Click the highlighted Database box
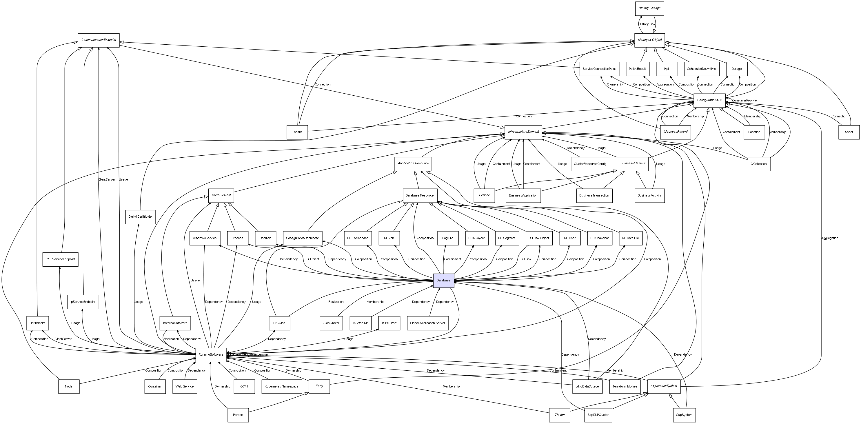pyautogui.click(x=443, y=280)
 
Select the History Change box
pyautogui.click(x=649, y=8)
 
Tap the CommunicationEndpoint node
pyautogui.click(x=99, y=40)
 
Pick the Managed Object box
pyautogui.click(x=649, y=40)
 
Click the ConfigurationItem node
pyautogui.click(x=709, y=100)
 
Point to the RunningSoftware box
pyautogui.click(x=211, y=354)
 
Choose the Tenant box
pyautogui.click(x=297, y=132)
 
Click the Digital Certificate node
pyautogui.click(x=140, y=217)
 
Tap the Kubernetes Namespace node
pyautogui.click(x=281, y=387)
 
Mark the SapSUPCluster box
pyautogui.click(x=598, y=415)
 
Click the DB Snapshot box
pyautogui.click(x=599, y=238)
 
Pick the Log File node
pyautogui.click(x=447, y=238)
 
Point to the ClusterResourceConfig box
pyautogui.click(x=590, y=164)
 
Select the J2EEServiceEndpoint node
pyautogui.click(x=61, y=259)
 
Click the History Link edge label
pyautogui.click(x=647, y=24)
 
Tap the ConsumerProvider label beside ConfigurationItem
pyautogui.click(x=745, y=100)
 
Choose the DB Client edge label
pyautogui.click(x=313, y=259)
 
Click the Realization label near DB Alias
pyautogui.click(x=336, y=302)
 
